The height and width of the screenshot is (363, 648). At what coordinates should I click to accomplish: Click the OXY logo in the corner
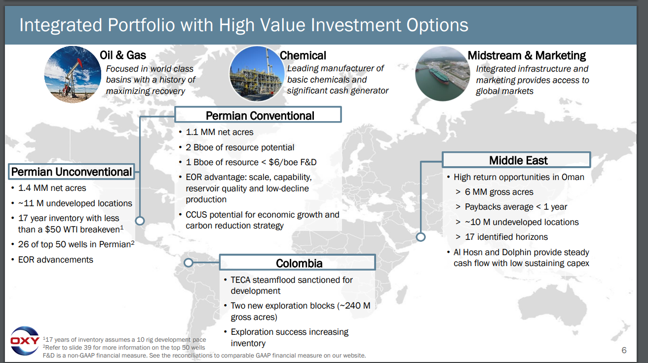pos(25,341)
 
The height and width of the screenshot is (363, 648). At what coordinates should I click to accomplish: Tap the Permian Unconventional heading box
pos(72,172)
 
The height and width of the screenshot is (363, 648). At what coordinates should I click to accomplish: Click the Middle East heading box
pos(516,160)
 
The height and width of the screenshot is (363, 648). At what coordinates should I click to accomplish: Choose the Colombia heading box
pos(298,263)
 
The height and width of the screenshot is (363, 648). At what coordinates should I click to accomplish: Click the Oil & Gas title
pos(123,55)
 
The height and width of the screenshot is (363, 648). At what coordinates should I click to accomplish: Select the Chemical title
pos(303,55)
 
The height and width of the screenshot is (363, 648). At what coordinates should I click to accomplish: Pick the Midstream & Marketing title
pos(527,55)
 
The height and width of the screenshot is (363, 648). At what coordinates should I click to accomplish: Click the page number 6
pos(624,350)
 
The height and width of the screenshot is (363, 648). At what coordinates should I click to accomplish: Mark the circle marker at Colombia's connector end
pos(189,263)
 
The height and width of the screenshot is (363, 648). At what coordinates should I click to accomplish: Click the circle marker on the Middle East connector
pos(420,237)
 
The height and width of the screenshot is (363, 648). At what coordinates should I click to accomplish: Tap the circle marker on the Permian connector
pos(140,221)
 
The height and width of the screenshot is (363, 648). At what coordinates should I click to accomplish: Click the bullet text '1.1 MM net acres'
pos(220,132)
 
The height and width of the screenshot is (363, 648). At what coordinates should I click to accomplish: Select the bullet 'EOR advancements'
pos(56,260)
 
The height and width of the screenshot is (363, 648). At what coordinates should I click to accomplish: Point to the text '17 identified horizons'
pos(506,237)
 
